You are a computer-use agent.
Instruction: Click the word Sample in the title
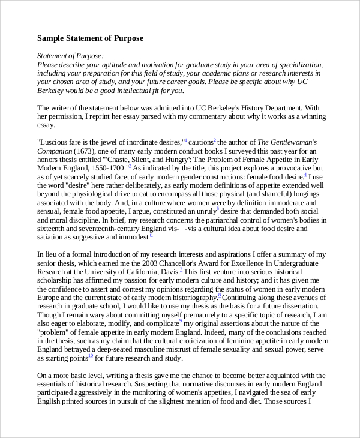point(51,38)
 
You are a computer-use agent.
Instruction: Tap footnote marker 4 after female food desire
point(305,175)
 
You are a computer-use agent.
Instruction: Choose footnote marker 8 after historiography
point(220,295)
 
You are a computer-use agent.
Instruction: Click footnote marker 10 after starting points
point(91,356)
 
